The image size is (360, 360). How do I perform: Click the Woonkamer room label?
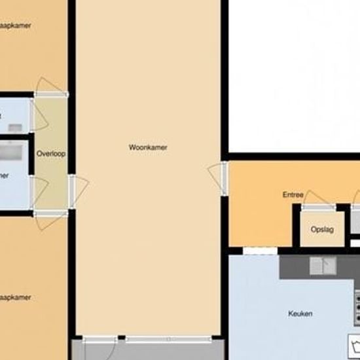pos(148,147)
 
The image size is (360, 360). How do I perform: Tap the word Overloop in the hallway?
pos(51,154)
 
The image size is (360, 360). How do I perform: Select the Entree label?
pos(293,194)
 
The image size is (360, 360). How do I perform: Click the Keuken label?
pos(300,314)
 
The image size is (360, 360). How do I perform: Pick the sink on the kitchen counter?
pos(323,266)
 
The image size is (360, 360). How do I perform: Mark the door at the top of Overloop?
pos(48,88)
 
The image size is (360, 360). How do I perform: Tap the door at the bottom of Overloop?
pos(48,219)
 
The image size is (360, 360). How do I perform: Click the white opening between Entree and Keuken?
pos(261,250)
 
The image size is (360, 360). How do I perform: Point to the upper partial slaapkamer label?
pos(16,26)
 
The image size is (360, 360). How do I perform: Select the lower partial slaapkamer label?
pos(16,298)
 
